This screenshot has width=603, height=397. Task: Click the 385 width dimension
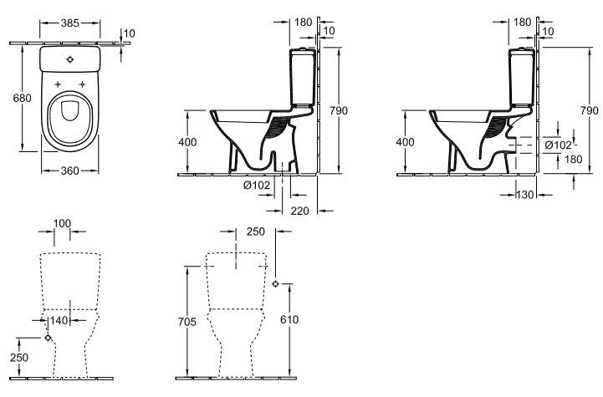click(70, 23)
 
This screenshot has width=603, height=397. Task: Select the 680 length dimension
click(22, 98)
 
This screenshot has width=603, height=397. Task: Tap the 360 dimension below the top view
click(70, 171)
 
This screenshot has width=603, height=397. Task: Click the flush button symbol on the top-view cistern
click(69, 59)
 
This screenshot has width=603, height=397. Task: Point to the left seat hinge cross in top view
click(58, 84)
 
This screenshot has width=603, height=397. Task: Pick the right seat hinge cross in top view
click(82, 84)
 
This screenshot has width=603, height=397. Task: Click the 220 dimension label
click(299, 211)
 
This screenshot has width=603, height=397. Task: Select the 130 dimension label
click(525, 195)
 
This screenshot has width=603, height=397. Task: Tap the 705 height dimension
click(187, 321)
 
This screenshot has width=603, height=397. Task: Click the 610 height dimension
click(289, 319)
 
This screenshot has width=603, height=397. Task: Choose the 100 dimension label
click(62, 223)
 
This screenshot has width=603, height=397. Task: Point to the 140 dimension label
click(59, 320)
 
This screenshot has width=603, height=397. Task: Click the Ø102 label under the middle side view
click(257, 186)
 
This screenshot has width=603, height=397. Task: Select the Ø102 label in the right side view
click(559, 145)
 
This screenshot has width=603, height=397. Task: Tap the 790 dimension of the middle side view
click(339, 110)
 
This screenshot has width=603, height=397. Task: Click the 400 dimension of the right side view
click(405, 142)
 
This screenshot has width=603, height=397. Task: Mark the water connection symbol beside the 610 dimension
click(275, 284)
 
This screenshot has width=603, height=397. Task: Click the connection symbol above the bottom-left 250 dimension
click(48, 338)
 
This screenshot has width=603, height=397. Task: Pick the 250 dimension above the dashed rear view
click(256, 232)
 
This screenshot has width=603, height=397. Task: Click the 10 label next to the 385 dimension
click(130, 33)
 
